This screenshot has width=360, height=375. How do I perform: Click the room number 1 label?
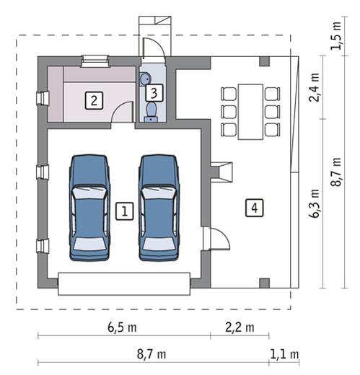(x=125, y=211)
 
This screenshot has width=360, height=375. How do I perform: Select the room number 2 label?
(x=94, y=100)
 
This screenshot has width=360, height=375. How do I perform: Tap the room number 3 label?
(x=154, y=93)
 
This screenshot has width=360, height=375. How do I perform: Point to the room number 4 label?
(x=255, y=208)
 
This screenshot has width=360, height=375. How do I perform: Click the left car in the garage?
(x=89, y=208)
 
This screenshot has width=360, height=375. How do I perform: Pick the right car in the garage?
(x=159, y=208)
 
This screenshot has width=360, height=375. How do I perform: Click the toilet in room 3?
(x=151, y=112)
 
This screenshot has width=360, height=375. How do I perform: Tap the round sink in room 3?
(x=145, y=79)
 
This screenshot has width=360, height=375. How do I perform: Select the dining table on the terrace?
(x=250, y=112)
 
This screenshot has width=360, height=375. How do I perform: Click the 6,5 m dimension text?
(x=122, y=327)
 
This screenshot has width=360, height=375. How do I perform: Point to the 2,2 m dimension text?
(x=240, y=327)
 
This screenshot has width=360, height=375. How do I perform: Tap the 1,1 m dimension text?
(x=284, y=354)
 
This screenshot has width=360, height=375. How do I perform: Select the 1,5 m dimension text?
(x=336, y=36)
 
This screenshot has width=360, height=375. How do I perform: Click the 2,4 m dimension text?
(x=314, y=87)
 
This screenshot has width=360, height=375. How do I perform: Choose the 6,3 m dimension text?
(x=314, y=203)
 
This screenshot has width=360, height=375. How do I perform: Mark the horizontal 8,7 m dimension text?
(x=152, y=354)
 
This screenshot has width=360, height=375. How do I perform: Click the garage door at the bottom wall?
(x=124, y=283)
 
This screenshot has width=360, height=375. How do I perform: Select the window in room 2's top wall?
(x=95, y=61)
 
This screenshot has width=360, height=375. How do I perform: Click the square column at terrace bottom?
(x=264, y=283)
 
